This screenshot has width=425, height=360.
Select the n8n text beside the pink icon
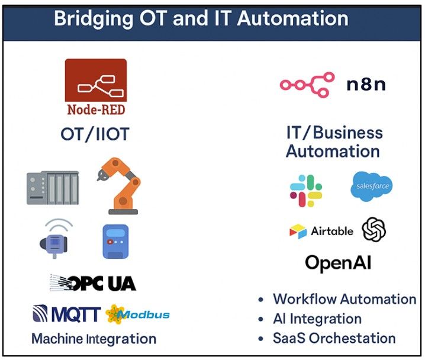[366, 85]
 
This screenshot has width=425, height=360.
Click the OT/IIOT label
[95, 134]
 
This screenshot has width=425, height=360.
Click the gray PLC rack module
[53, 187]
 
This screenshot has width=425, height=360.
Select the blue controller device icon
[115, 241]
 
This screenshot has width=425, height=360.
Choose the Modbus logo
[137, 314]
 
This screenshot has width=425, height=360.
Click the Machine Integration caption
[94, 339]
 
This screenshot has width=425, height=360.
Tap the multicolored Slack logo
[306, 191]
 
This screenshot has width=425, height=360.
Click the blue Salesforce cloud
[371, 187]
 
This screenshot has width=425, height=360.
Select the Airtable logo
[321, 231]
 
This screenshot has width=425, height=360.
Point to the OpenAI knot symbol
[374, 230]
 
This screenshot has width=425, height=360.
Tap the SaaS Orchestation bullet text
[334, 339]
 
